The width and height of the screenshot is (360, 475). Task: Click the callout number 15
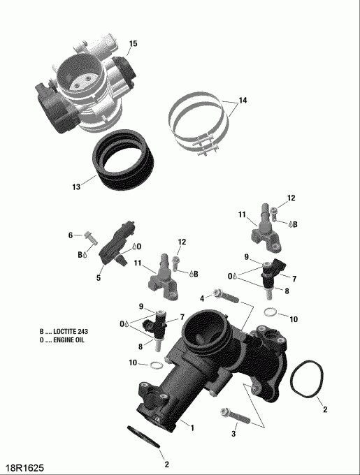(x=133, y=44)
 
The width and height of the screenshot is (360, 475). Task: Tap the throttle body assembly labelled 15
(x=84, y=91)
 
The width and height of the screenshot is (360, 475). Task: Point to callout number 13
(x=75, y=187)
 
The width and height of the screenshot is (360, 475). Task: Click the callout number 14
(x=242, y=101)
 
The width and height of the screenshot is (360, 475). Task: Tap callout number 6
(x=71, y=235)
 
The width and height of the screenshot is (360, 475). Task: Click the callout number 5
(x=99, y=278)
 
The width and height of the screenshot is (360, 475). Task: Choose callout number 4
(x=202, y=299)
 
